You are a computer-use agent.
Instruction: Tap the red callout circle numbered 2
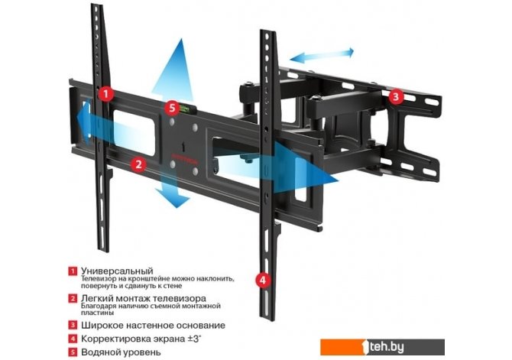[x=138, y=163]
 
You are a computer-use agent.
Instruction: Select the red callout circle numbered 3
[x=395, y=96]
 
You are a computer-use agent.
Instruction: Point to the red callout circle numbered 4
[x=263, y=280]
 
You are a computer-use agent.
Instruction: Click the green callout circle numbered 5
[x=172, y=109]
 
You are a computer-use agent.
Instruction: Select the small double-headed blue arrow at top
[x=321, y=54]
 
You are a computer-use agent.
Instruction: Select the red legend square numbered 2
[x=72, y=298]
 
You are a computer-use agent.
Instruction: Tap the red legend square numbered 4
[x=72, y=339]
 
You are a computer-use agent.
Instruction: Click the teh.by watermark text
[x=479, y=343]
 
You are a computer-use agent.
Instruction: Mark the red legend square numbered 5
[x=72, y=352]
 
